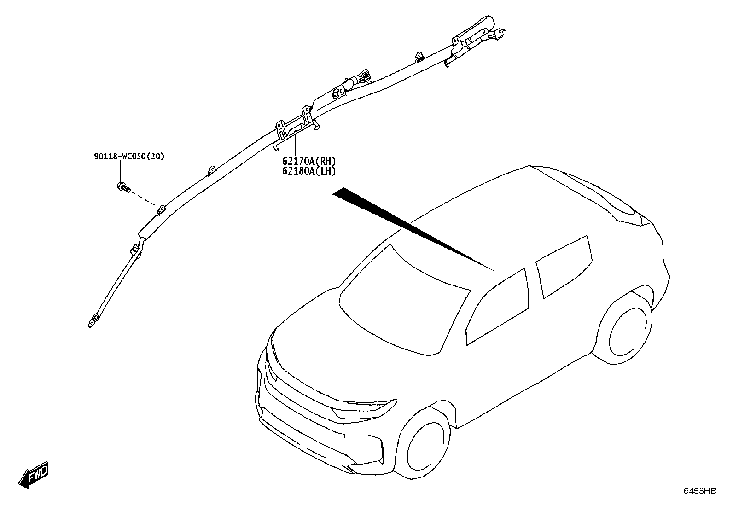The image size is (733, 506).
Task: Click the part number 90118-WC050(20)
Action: (x=129, y=157)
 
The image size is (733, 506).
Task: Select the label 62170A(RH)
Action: (x=309, y=161)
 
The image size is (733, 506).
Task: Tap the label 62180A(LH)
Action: (x=309, y=171)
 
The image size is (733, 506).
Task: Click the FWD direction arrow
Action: (x=33, y=475)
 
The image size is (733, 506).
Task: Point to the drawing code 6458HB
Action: (x=700, y=491)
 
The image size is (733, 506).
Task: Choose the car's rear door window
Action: (x=564, y=267)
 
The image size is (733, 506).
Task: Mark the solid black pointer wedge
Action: (x=413, y=228)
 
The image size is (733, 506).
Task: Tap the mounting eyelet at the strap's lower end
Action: (x=93, y=320)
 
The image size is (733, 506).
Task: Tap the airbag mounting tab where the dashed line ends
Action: (x=162, y=209)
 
